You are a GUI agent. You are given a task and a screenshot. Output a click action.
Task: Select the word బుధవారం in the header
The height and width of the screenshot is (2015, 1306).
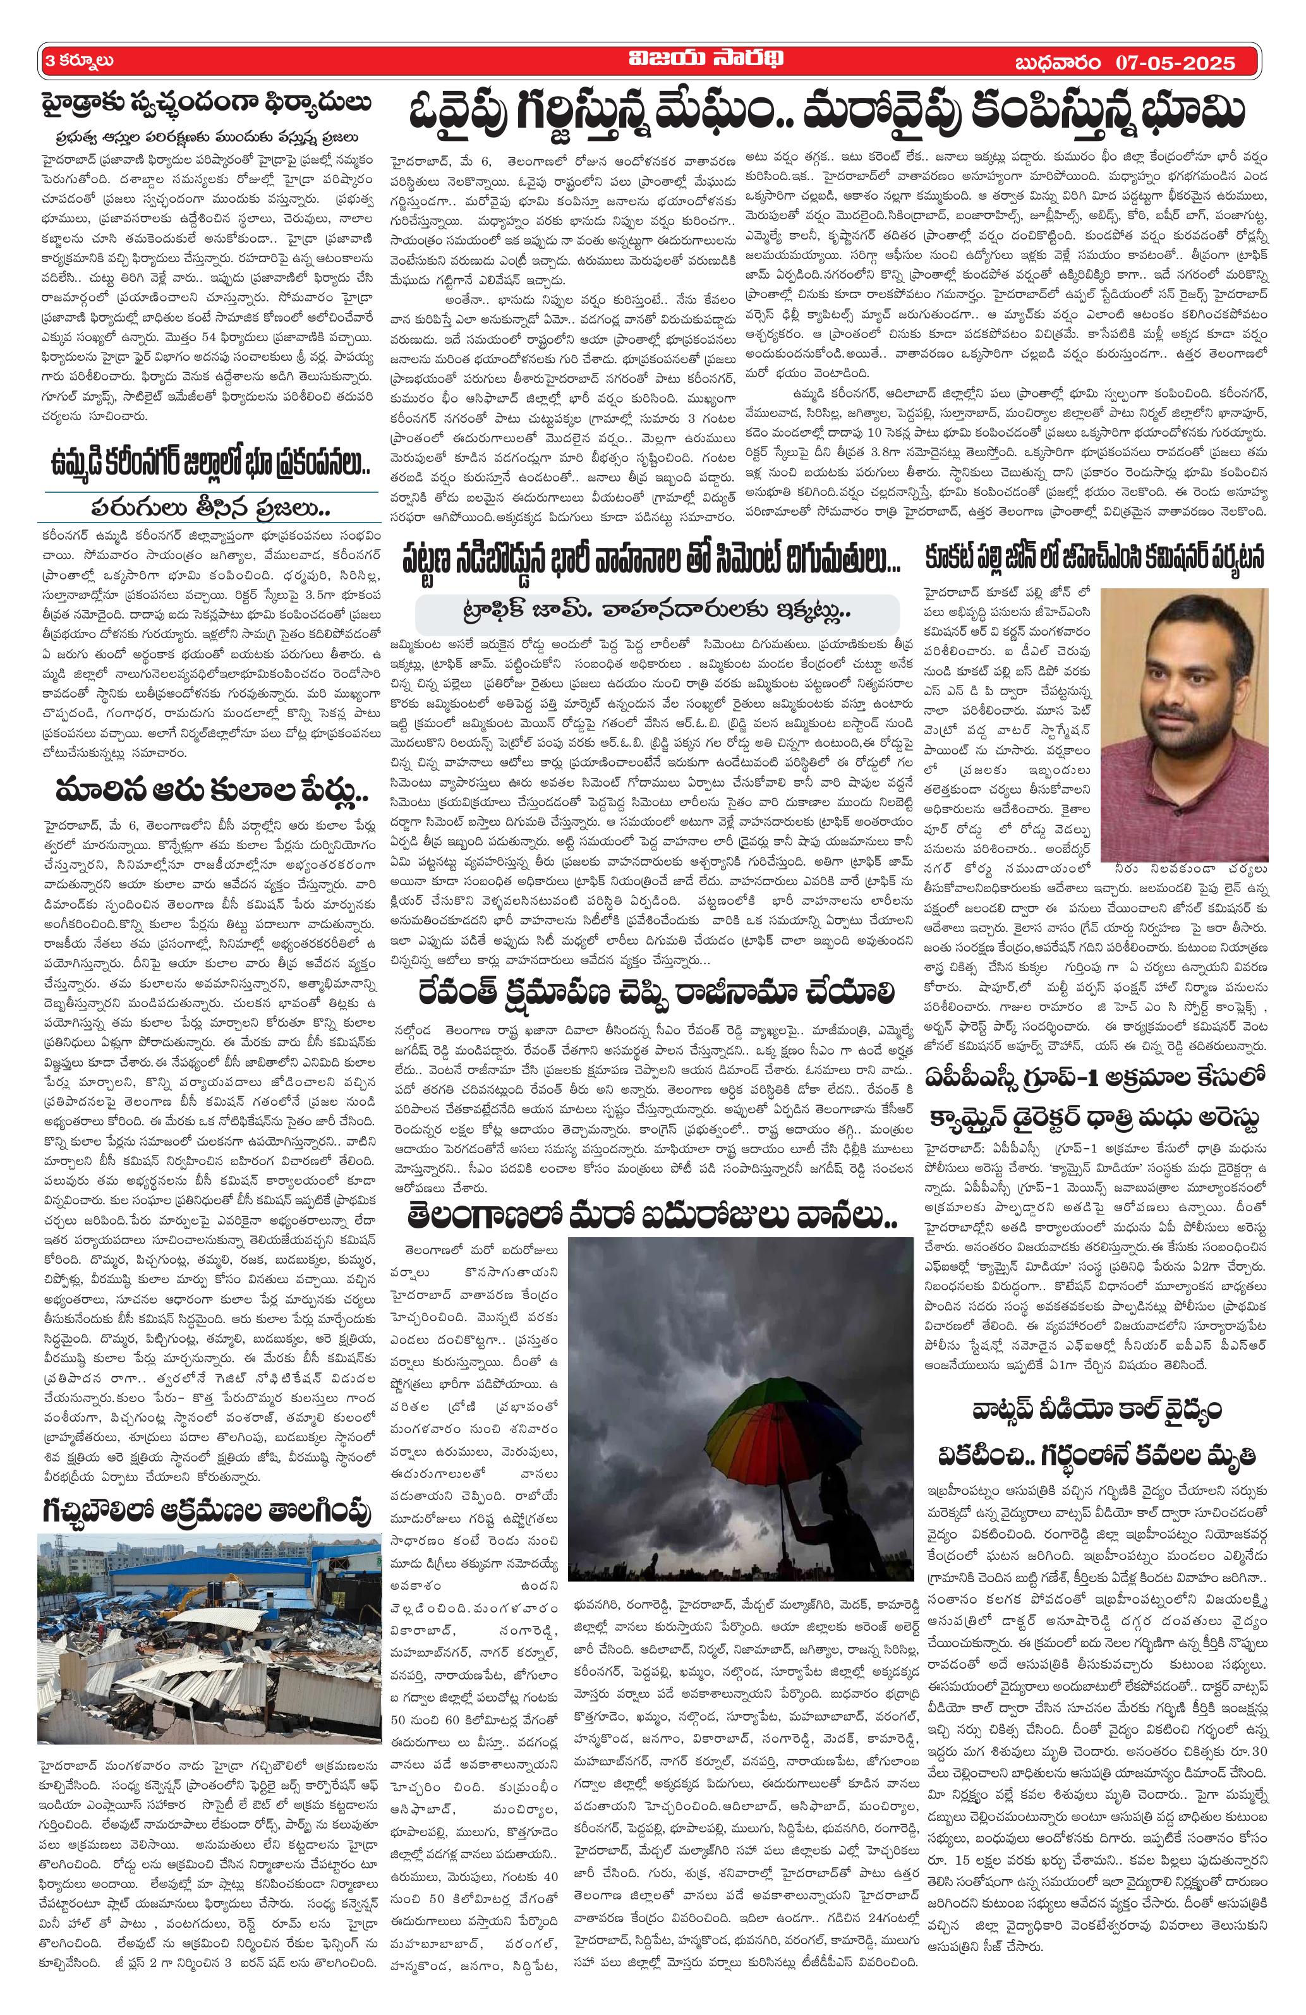click(x=1057, y=63)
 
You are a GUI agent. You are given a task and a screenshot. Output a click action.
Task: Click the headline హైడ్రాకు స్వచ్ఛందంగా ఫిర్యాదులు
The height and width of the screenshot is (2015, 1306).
click(x=206, y=105)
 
